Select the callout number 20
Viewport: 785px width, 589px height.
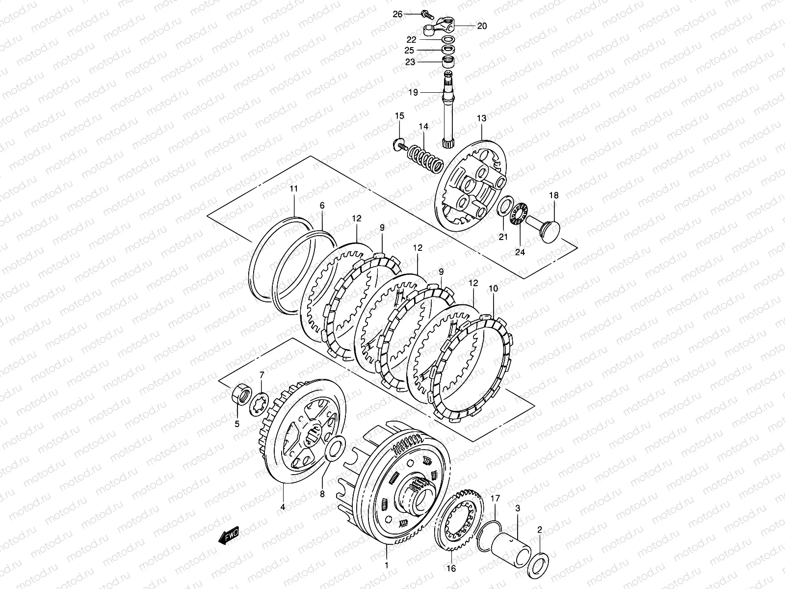(482, 26)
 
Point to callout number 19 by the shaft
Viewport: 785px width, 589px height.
(413, 92)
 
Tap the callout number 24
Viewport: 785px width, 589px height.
(520, 252)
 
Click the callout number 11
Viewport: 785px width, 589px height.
(293, 188)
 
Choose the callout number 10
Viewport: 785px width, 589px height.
(493, 289)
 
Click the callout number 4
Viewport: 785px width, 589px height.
(283, 507)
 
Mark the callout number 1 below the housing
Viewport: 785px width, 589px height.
(387, 565)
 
